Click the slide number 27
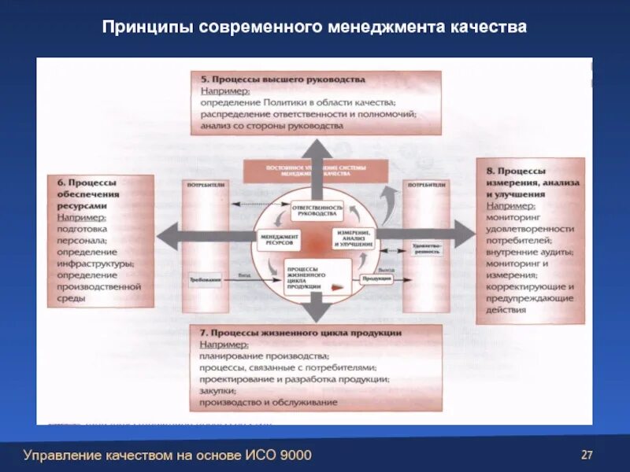[587, 454]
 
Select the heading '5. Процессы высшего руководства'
[283, 79]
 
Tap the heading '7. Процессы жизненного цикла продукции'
[301, 333]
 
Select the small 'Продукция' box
[376, 278]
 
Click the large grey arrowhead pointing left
[169, 234]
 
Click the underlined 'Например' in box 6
[81, 216]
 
